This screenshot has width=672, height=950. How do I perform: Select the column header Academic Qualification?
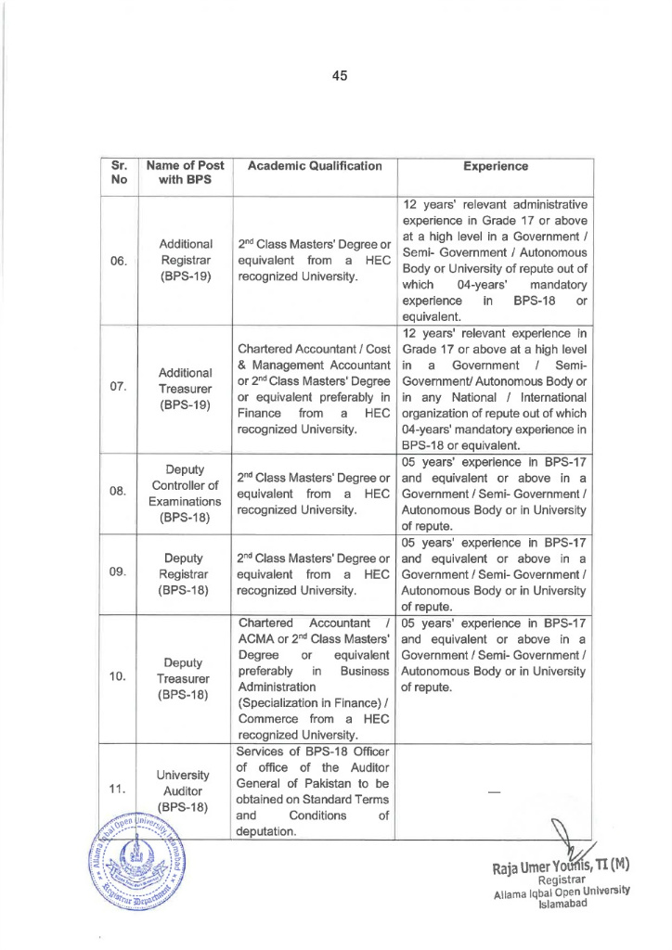pos(303,166)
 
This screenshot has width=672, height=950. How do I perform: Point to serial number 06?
pos(118,260)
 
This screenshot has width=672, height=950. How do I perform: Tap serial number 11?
pos(118,790)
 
